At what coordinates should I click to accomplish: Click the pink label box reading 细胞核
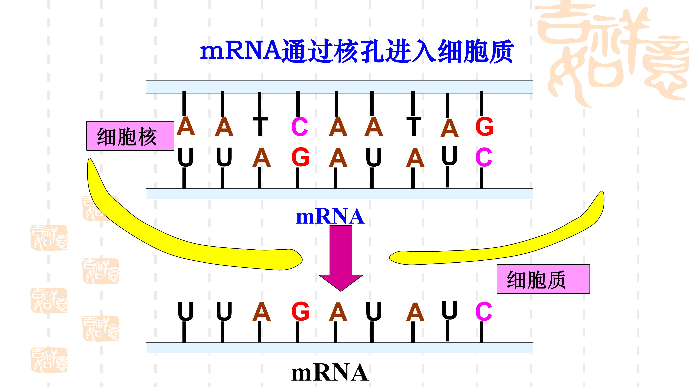click(130, 136)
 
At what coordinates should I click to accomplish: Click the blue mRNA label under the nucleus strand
click(330, 217)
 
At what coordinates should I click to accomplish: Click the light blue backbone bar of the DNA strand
click(339, 87)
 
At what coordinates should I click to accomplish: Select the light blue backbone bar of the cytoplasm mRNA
click(339, 348)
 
